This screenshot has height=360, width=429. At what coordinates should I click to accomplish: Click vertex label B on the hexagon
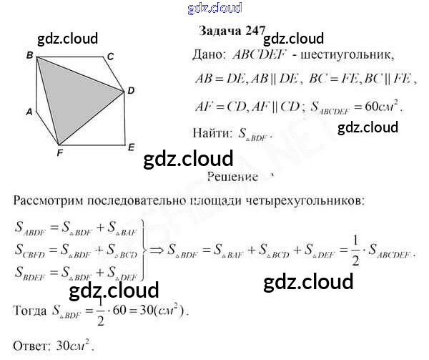tap(29, 55)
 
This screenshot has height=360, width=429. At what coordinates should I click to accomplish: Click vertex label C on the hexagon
tap(111, 56)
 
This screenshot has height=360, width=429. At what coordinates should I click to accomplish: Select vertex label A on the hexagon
tap(29, 112)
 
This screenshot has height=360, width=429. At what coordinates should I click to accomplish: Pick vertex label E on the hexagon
tap(131, 147)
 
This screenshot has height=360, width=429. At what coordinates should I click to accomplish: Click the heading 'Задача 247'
tap(230, 32)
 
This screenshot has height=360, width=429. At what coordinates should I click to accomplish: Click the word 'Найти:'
tap(212, 132)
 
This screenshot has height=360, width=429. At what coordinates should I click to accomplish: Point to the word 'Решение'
tap(232, 175)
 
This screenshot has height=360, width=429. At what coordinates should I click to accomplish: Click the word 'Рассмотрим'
tap(51, 199)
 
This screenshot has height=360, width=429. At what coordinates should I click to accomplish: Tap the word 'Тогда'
tap(29, 311)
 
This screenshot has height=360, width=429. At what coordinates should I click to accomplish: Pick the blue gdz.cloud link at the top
tap(214, 8)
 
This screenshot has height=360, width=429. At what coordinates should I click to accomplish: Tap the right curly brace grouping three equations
tap(145, 250)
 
